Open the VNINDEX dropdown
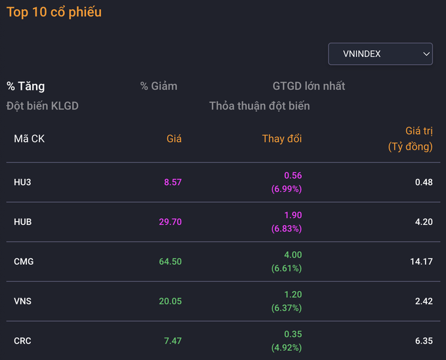[380, 54]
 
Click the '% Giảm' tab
[159, 86]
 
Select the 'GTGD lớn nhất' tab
[309, 86]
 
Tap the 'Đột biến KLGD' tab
[43, 106]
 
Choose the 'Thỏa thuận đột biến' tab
[260, 106]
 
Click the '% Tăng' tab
[26, 86]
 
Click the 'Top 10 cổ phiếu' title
[54, 12]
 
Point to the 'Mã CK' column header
[30, 139]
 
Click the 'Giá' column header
[174, 139]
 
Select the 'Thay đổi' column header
[282, 139]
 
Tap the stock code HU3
[22, 182]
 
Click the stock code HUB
[23, 222]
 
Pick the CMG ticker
[24, 262]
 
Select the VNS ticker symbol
[23, 301]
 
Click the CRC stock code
[22, 341]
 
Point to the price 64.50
[171, 262]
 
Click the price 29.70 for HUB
[171, 222]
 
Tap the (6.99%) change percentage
[287, 189]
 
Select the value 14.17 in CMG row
[421, 262]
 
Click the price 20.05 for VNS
[171, 301]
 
